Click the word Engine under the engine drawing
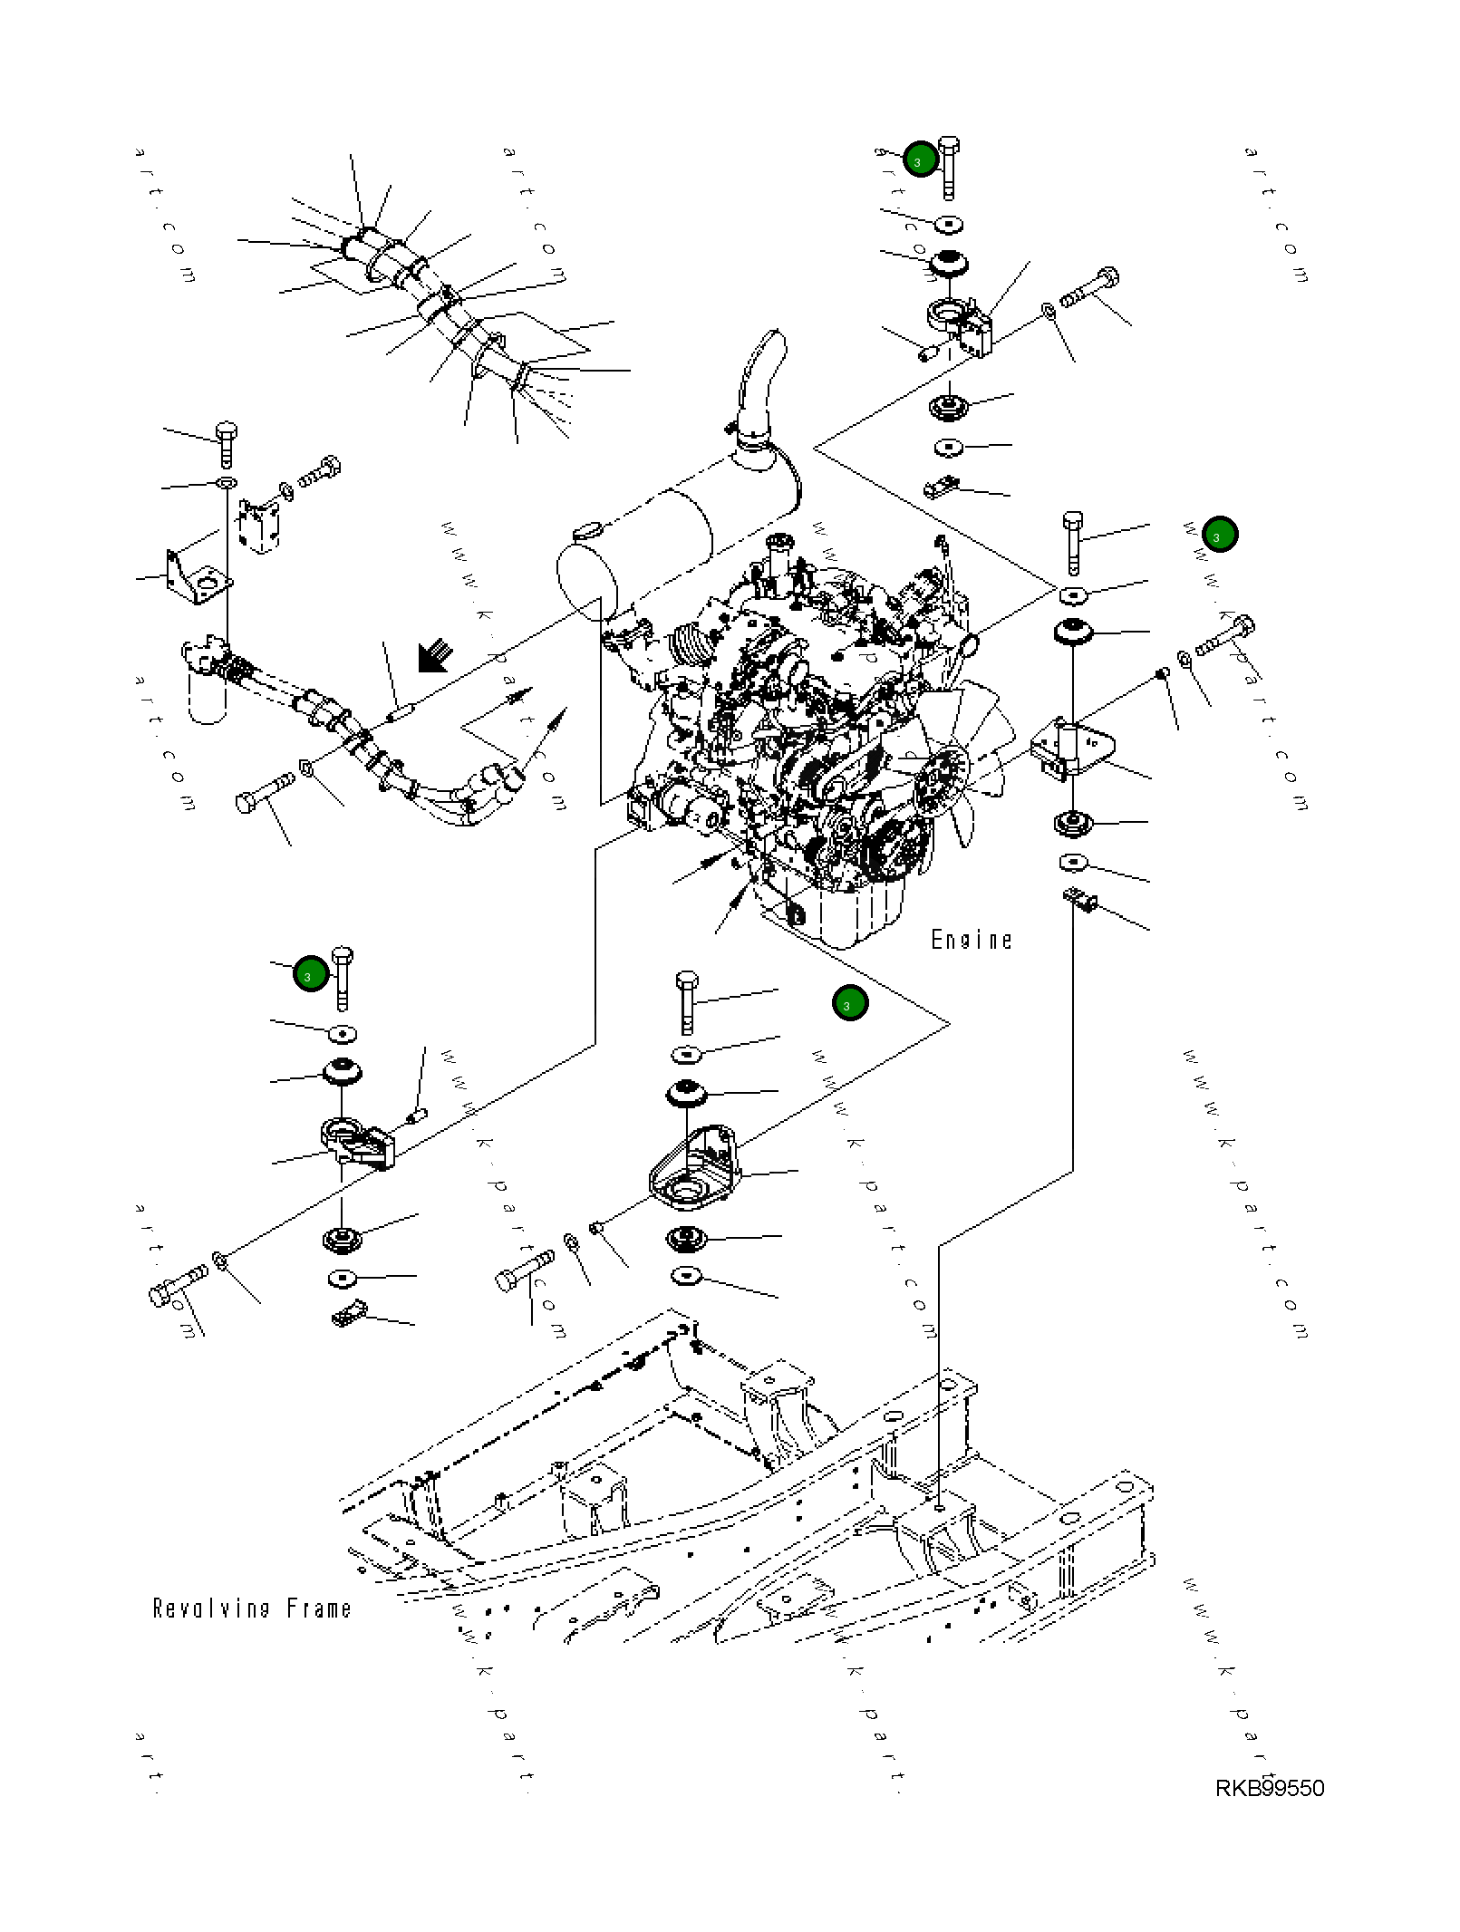point(971,940)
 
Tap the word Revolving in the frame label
point(211,1609)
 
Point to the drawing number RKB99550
point(1269,1788)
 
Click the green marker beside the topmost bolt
point(921,160)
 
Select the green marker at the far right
point(1220,535)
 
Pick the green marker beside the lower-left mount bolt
point(311,974)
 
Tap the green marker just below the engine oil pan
point(850,1003)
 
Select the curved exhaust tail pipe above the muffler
point(759,381)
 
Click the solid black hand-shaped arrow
point(435,655)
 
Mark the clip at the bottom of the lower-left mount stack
point(349,1313)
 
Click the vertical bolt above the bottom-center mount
point(686,1000)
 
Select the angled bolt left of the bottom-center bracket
point(524,1269)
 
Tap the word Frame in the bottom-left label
point(319,1609)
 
